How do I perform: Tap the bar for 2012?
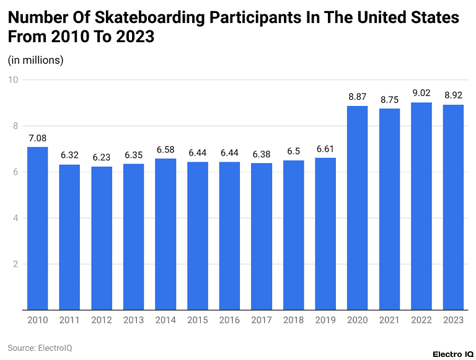pos(102,238)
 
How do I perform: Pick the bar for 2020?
pos(358,208)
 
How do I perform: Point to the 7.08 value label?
pos(38,138)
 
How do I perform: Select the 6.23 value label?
pos(102,157)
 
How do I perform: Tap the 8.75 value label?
pos(390,99)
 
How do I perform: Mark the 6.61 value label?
pos(325,149)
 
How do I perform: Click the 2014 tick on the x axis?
pos(165,320)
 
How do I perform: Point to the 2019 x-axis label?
pos(325,320)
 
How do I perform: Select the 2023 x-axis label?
pos(454,320)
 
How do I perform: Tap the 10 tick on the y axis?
pos(14,80)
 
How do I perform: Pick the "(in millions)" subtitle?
pos(35,60)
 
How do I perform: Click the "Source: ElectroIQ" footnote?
pos(40,348)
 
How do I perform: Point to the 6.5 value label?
pos(294,151)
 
